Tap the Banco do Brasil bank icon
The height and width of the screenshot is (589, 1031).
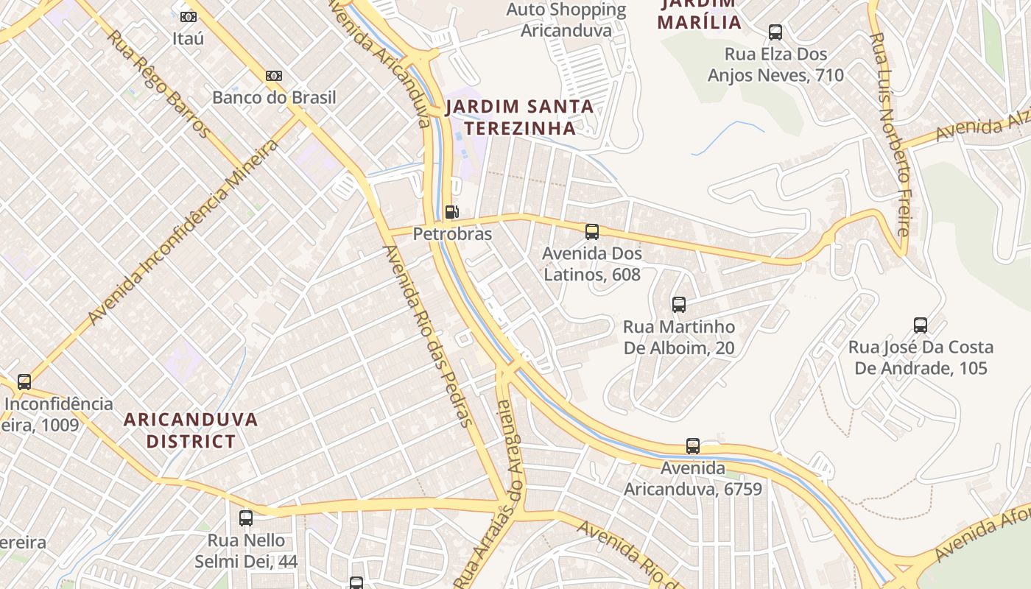[274, 76]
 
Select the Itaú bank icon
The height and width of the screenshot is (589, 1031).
[189, 16]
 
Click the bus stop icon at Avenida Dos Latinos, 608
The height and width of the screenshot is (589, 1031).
[592, 232]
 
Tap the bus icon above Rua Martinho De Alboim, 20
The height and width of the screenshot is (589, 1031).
[679, 304]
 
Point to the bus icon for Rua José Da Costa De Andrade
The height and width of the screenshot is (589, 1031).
[921, 325]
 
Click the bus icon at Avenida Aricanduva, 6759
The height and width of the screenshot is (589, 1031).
[693, 445]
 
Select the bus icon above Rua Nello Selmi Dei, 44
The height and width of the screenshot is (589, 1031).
[246, 518]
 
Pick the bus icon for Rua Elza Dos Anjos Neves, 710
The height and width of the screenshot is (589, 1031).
[775, 32]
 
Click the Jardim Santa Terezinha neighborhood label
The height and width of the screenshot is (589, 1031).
[519, 117]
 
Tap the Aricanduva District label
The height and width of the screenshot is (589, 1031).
[191, 430]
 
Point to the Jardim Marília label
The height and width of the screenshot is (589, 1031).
[699, 15]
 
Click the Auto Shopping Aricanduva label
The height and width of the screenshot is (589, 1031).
[566, 20]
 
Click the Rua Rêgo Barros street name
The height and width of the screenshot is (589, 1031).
[159, 82]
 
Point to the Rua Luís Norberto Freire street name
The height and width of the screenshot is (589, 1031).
[889, 133]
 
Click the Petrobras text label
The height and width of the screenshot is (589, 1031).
[452, 234]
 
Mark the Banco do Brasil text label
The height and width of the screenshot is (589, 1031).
[274, 97]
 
